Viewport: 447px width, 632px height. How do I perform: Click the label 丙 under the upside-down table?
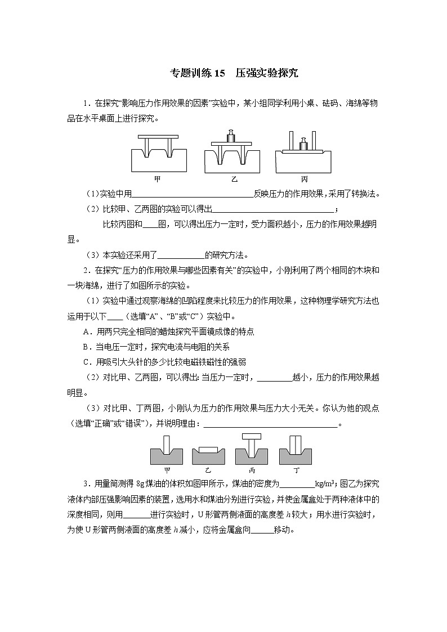(304, 179)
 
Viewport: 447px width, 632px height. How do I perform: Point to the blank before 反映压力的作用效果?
(193, 195)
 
